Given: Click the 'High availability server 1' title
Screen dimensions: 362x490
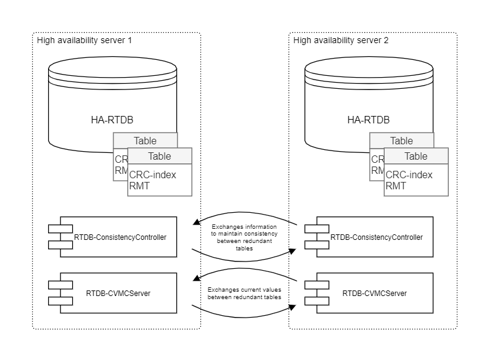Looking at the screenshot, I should coord(84,41).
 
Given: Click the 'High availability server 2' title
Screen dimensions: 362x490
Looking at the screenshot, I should coord(341,41).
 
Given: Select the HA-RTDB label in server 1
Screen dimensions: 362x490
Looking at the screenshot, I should coord(104,120).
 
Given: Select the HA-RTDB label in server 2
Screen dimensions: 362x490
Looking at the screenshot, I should coord(361,120).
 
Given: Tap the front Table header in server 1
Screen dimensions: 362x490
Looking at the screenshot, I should coord(160,156).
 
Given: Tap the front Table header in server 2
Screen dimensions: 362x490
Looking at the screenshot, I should coord(416,156).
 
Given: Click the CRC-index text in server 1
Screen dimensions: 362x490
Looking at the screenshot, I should coord(153,175).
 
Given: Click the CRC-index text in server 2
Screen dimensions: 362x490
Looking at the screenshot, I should coord(409,175).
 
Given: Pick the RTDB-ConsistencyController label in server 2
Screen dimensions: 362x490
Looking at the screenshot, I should coord(377,236).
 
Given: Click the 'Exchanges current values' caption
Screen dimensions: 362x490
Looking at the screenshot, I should coord(245,293).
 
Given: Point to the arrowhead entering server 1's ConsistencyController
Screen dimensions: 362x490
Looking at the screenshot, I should coord(196,222).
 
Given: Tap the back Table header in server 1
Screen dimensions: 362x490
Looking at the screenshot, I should coord(145,140).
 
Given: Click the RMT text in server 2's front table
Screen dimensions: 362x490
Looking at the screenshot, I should coord(396,185).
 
